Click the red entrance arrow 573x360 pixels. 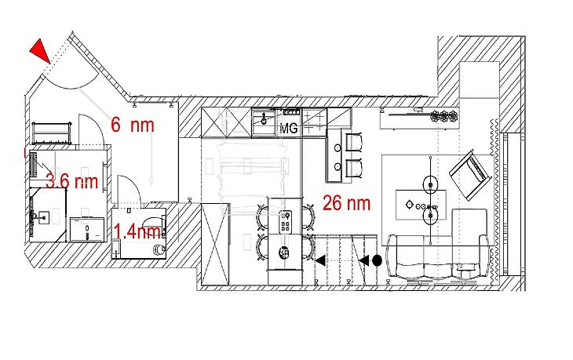click(x=41, y=50)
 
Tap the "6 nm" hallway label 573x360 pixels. click(x=133, y=125)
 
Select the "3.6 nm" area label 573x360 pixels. click(x=72, y=181)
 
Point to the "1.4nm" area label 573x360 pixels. click(x=137, y=231)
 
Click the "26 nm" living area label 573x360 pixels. click(x=346, y=203)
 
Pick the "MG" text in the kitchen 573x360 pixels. click(x=289, y=128)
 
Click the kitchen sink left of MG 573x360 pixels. click(x=264, y=122)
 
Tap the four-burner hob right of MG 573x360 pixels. click(x=314, y=122)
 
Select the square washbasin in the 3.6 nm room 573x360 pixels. click(x=43, y=217)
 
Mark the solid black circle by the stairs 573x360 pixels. click(x=377, y=260)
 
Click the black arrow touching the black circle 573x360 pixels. click(x=364, y=260)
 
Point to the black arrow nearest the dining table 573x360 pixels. click(x=320, y=260)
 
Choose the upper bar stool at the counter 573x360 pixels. click(x=354, y=142)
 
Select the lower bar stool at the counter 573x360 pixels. click(x=354, y=169)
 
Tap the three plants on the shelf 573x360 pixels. click(x=444, y=116)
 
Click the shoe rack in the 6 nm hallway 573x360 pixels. click(x=51, y=133)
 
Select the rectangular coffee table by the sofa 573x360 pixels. click(x=421, y=205)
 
